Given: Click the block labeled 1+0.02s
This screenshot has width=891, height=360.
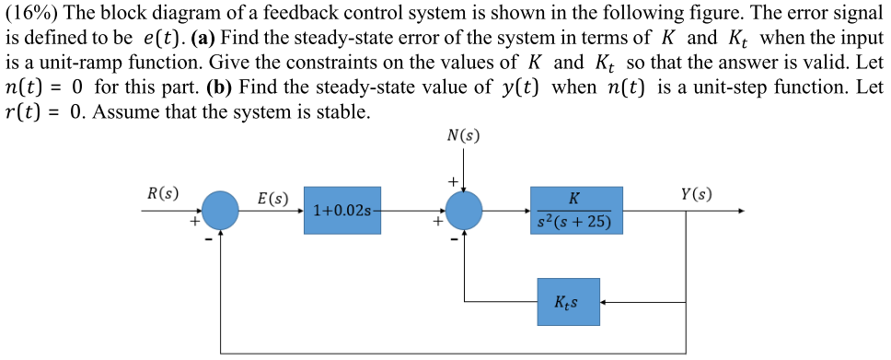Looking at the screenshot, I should coord(342,211).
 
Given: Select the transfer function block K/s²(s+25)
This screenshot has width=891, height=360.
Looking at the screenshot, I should coord(576,211).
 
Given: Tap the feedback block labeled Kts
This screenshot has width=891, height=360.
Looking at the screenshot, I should coord(569,301).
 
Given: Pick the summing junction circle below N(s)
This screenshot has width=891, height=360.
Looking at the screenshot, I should coord(465,211).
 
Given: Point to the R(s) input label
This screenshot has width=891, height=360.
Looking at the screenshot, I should coord(163,193).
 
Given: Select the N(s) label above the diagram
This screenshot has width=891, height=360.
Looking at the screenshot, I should coord(462,136).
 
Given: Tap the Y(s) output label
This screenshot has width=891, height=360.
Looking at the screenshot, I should coord(696,193).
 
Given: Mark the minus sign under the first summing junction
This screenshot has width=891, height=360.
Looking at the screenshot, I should coord(208,238).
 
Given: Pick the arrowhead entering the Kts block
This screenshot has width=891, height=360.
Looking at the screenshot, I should coord(606,301).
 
